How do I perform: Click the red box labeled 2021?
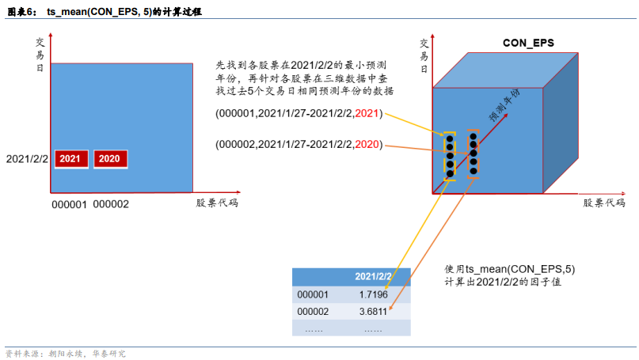tap(70, 158)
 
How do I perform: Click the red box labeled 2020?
tap(109, 158)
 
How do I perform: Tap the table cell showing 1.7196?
tap(373, 294)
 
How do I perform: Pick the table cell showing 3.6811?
tap(373, 312)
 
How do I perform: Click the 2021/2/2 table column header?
tap(373, 277)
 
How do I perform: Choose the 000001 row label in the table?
tap(313, 294)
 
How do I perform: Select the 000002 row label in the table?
tap(313, 312)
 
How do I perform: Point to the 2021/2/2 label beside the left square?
tap(26, 159)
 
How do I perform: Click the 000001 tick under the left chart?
tap(70, 205)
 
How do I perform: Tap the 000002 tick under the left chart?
tap(111, 205)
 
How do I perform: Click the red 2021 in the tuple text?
tap(367, 114)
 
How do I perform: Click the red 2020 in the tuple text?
tap(367, 144)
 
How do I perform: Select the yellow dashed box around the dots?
tap(449, 155)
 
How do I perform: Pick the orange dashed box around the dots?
tap(473, 153)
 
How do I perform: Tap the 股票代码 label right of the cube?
tap(604, 203)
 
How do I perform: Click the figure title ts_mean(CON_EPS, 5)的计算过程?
tap(116, 10)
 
